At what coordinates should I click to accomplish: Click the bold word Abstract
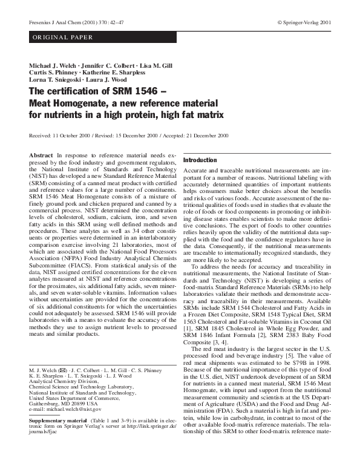(41, 156)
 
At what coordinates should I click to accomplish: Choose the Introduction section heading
(200, 160)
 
